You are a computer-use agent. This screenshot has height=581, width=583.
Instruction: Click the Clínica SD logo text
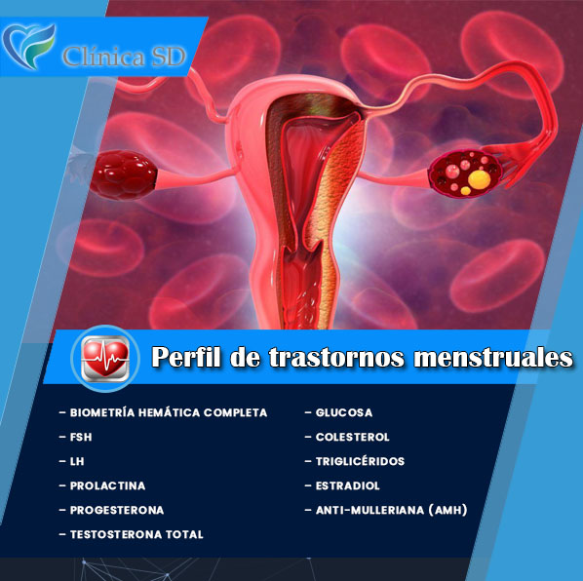[x=124, y=57]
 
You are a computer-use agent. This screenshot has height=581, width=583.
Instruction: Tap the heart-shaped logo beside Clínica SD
[x=28, y=46]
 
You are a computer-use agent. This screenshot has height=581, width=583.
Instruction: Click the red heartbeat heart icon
[x=105, y=359]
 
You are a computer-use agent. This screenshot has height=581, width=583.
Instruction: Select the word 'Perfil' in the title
[x=186, y=357]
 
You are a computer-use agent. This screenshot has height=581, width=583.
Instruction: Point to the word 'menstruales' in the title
[x=493, y=357]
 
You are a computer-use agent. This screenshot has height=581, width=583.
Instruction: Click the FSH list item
[x=81, y=437]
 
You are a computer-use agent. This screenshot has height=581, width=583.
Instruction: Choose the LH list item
[x=77, y=461]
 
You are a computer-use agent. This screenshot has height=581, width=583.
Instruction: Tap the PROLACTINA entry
[x=107, y=485]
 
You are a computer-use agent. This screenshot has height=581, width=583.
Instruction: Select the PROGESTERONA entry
[x=117, y=510]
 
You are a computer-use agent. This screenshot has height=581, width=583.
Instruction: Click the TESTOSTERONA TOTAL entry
[x=136, y=534]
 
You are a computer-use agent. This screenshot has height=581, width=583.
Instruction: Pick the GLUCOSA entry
[x=344, y=412]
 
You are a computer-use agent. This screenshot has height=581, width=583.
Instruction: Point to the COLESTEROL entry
[x=353, y=437]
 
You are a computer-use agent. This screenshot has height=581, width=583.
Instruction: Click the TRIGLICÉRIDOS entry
[x=360, y=461]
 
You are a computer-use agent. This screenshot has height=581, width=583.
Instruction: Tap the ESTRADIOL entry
[x=348, y=485]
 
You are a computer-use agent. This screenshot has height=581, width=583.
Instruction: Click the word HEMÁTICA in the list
[x=169, y=412]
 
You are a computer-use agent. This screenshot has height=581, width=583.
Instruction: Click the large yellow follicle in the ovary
[x=480, y=179]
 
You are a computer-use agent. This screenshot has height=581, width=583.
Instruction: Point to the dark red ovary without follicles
[x=124, y=174]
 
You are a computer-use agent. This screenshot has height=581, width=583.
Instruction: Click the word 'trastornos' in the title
[x=336, y=357]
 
